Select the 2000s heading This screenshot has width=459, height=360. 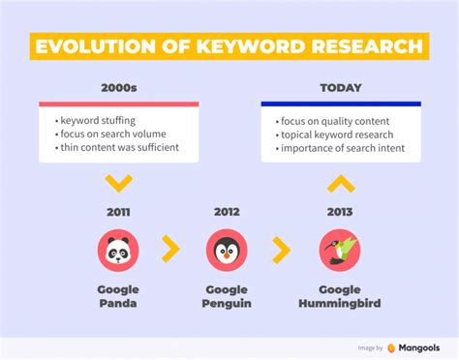[118, 87]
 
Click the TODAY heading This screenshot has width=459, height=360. [340, 87]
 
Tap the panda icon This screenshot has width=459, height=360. [118, 250]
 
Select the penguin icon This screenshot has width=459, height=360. [227, 250]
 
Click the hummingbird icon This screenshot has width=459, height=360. [340, 250]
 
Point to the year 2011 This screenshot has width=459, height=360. [118, 211]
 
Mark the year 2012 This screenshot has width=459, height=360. [227, 211]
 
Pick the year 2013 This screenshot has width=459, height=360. [340, 211]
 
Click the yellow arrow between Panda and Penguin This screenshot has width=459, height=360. [170, 250]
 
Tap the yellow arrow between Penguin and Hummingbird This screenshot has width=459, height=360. [282, 250]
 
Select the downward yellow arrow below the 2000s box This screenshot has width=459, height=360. [118, 182]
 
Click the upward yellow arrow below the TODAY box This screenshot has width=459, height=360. [341, 182]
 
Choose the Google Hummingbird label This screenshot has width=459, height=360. [340, 296]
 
